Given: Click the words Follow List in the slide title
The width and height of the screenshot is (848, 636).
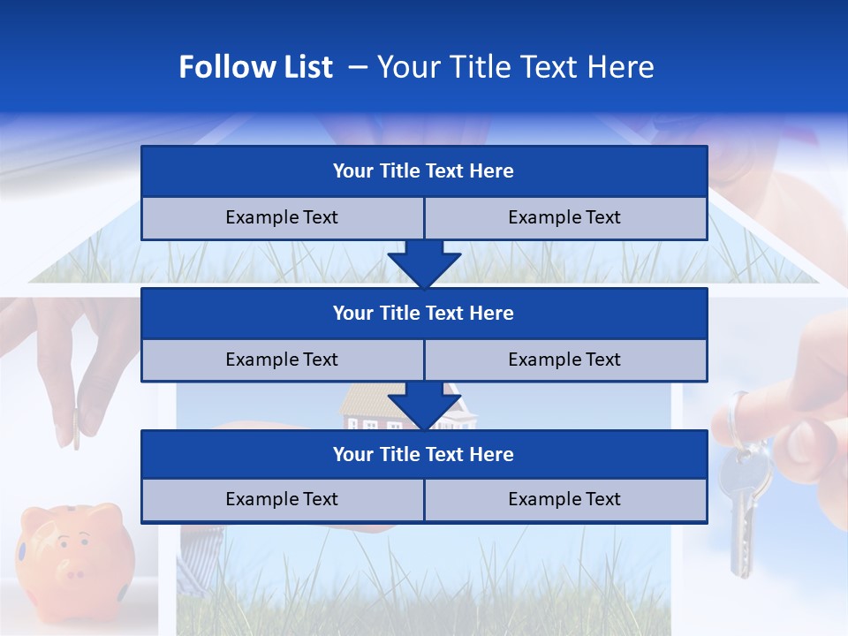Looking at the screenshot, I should tap(255, 67).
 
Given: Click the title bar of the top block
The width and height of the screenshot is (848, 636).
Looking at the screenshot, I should tap(424, 171).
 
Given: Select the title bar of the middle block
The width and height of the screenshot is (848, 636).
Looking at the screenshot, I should tap(424, 314).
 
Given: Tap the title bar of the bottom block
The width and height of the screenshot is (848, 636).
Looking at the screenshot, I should tap(424, 455).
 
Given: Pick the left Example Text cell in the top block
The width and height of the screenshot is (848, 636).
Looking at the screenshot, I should tap(282, 218).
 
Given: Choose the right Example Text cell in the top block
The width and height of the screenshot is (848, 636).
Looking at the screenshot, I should tap(565, 218).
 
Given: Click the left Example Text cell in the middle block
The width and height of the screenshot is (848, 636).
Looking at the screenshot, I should tap(282, 360).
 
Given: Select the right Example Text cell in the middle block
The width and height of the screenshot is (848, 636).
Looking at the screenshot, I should tap(565, 360).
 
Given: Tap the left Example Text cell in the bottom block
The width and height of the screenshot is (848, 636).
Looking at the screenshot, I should tap(282, 500).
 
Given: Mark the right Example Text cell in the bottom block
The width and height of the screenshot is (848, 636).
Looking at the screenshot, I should tap(565, 500).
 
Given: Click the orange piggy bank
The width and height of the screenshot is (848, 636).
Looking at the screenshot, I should tap(75, 552).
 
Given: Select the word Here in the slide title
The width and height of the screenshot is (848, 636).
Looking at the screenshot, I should tap(623, 67).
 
